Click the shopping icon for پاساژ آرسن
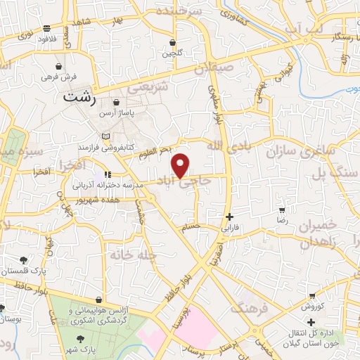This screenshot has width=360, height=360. tap(115, 102)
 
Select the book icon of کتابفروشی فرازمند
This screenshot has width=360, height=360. tap(105, 135)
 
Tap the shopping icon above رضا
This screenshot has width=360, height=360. tap(282, 210)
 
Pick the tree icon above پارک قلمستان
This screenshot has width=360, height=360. tap(25, 260)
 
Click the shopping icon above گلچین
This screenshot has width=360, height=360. tap(172, 42)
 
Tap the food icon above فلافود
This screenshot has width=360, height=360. tap(46, 29)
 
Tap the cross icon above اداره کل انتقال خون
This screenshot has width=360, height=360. tap(311, 321)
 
